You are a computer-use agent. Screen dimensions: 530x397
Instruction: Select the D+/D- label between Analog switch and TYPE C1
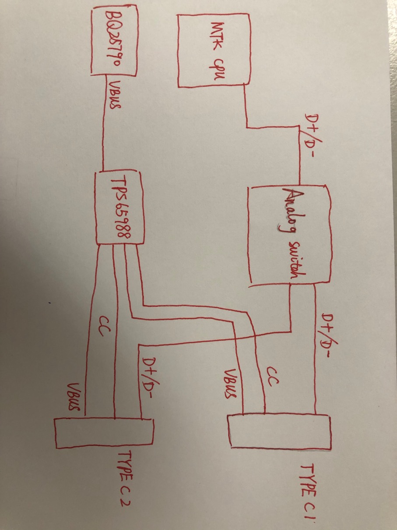[327, 336]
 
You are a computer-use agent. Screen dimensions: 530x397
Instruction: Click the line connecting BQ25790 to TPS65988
[103, 127]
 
